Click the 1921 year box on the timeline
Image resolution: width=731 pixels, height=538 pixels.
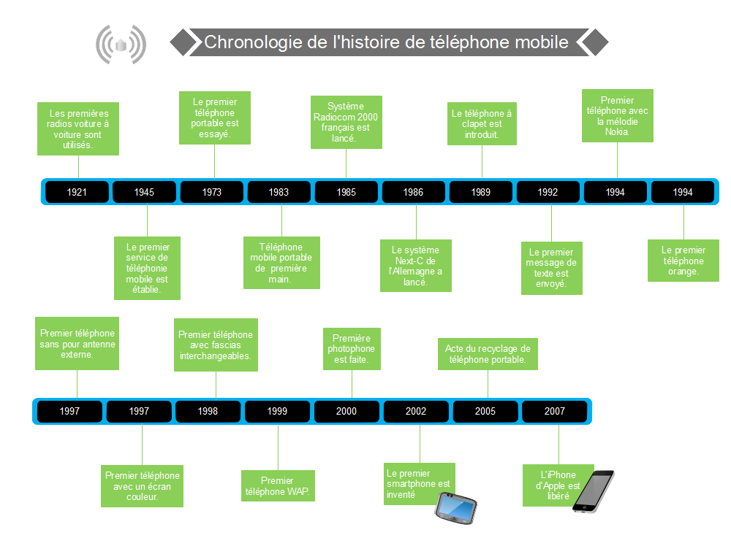(x=77, y=192)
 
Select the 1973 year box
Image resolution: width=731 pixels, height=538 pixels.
(x=211, y=192)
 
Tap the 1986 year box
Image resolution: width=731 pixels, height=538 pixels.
(x=413, y=192)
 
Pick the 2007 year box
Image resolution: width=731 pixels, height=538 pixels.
(x=554, y=411)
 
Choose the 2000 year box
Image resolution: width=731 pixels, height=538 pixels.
(x=346, y=411)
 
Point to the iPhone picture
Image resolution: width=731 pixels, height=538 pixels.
(x=593, y=491)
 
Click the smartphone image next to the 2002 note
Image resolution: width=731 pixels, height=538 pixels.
(x=456, y=506)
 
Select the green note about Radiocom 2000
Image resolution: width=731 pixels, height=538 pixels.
(x=346, y=122)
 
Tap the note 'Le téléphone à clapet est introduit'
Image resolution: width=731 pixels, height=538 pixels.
(x=482, y=124)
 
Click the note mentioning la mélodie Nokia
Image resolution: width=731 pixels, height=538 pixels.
(x=617, y=116)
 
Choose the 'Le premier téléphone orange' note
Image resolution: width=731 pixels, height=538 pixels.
(x=683, y=261)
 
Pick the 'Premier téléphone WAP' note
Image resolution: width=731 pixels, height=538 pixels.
(x=277, y=486)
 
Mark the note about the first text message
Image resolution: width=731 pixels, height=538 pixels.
(x=551, y=268)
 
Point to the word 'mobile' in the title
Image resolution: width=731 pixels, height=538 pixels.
(x=540, y=42)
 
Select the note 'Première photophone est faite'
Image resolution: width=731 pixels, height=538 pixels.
(x=352, y=349)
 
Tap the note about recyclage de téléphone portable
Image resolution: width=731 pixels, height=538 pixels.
(x=488, y=354)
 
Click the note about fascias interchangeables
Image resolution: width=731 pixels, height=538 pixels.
(x=216, y=345)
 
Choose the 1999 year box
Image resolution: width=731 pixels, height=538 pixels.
(x=277, y=411)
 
